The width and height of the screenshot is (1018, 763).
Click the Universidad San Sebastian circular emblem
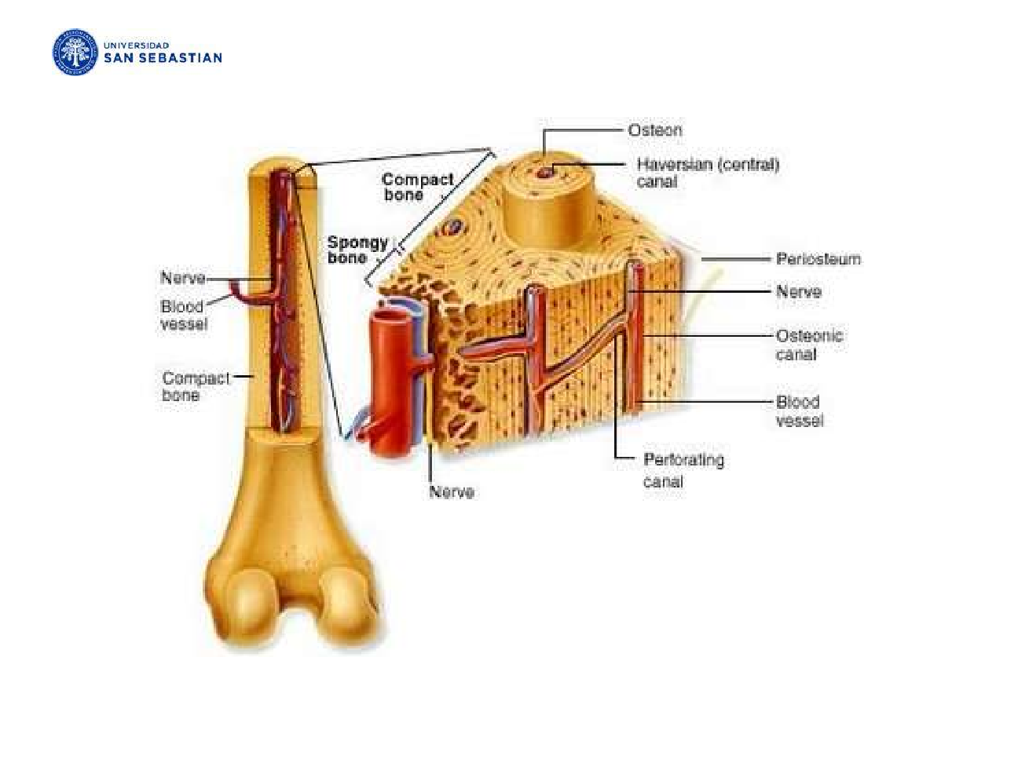[75, 53]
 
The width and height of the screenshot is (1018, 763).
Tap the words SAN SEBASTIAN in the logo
[163, 58]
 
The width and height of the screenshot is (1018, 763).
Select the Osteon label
[654, 130]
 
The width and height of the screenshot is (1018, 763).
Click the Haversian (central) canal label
[707, 173]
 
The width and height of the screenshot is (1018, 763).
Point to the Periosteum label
[818, 259]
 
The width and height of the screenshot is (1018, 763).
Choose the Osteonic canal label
[808, 345]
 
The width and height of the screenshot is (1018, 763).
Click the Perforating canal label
[683, 469]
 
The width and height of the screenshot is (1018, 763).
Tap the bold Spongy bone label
[357, 250]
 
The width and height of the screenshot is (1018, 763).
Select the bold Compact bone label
[417, 187]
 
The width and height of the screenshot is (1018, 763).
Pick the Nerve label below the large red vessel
[451, 492]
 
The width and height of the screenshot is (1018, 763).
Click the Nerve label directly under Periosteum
[798, 292]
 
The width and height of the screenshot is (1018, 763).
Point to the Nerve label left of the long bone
[182, 278]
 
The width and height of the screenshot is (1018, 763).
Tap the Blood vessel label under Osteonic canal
[799, 411]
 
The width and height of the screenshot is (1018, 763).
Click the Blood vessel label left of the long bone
[184, 315]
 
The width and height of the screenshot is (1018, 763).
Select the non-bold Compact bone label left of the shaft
[196, 386]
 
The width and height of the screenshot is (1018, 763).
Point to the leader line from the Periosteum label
[734, 259]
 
